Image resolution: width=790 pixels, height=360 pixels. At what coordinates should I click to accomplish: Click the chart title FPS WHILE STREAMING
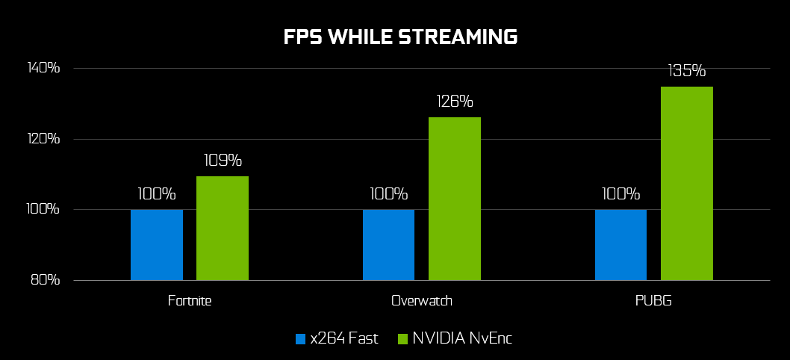pyautogui.click(x=400, y=37)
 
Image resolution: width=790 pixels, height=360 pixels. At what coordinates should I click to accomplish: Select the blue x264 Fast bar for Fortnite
pyautogui.click(x=157, y=245)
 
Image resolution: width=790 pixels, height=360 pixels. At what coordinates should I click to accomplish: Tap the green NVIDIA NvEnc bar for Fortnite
pyautogui.click(x=223, y=229)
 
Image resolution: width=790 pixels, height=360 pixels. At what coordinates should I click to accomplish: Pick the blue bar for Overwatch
pyautogui.click(x=388, y=245)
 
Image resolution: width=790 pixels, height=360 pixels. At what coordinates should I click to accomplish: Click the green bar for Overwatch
pyautogui.click(x=455, y=199)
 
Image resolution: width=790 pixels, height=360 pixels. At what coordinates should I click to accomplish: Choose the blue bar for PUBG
pyautogui.click(x=621, y=245)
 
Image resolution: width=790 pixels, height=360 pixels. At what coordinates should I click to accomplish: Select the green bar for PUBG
pyautogui.click(x=687, y=184)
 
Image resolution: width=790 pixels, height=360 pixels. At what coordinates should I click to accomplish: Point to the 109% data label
pyautogui.click(x=223, y=161)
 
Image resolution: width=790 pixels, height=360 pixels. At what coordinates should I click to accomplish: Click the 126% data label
pyautogui.click(x=455, y=102)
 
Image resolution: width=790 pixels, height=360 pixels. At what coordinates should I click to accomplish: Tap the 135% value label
pyautogui.click(x=687, y=71)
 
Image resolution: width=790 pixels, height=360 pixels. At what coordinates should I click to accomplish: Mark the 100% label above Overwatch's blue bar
pyautogui.click(x=388, y=194)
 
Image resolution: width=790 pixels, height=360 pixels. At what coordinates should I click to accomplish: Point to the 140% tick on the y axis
pyautogui.click(x=43, y=68)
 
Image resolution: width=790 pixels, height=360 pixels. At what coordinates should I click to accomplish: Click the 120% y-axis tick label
pyautogui.click(x=43, y=139)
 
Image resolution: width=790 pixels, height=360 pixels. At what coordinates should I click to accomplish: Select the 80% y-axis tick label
pyautogui.click(x=46, y=280)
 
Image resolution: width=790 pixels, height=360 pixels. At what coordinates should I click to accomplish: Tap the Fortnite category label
pyautogui.click(x=190, y=301)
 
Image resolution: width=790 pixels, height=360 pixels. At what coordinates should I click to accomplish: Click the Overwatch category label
pyautogui.click(x=422, y=301)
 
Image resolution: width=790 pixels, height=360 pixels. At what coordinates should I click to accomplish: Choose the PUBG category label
pyautogui.click(x=653, y=301)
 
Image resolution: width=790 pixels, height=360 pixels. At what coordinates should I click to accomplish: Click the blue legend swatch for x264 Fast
pyautogui.click(x=301, y=338)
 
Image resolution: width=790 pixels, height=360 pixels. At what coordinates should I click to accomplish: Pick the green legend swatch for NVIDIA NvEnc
pyautogui.click(x=402, y=338)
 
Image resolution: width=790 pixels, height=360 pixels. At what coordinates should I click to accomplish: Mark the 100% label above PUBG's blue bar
pyautogui.click(x=621, y=194)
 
